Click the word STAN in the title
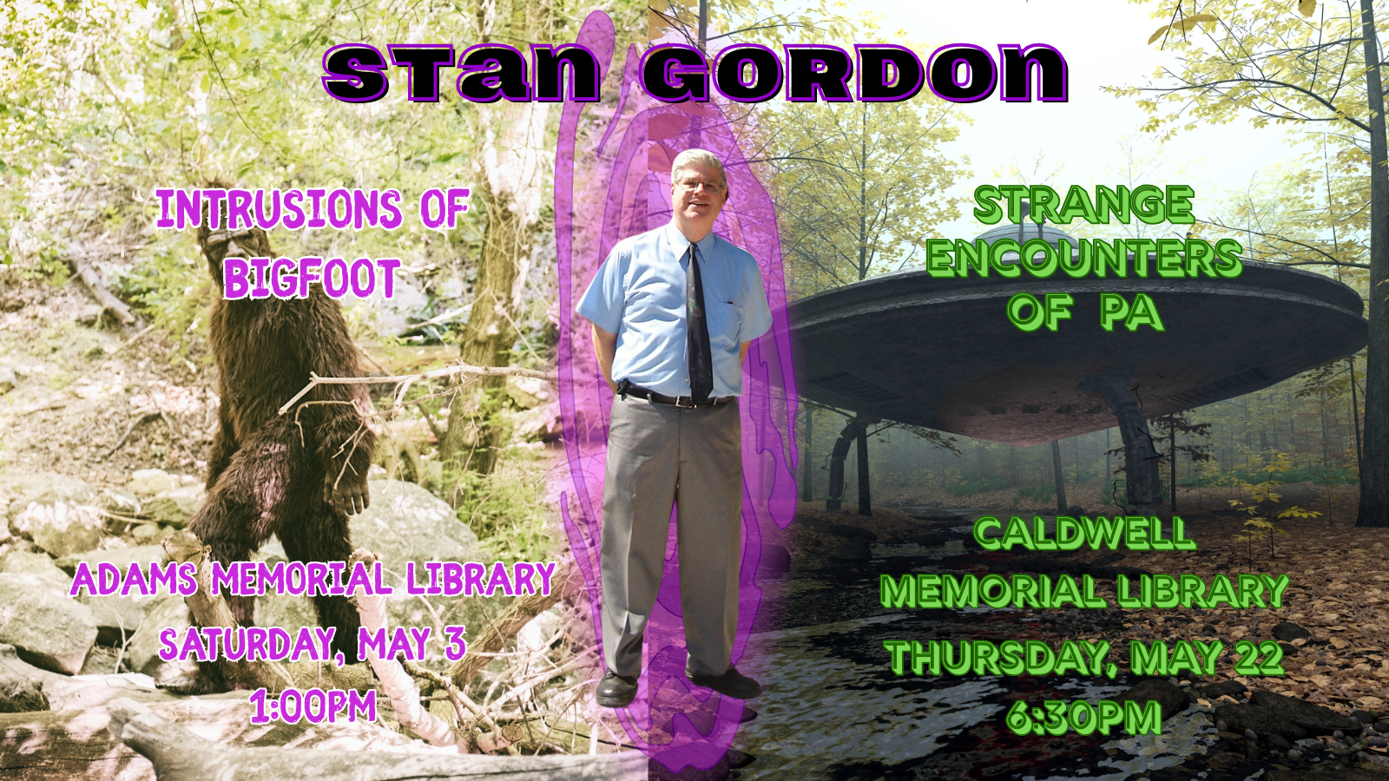[x=461, y=73]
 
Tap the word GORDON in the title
[x=853, y=73]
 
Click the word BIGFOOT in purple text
[x=312, y=279]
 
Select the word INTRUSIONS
[x=279, y=209]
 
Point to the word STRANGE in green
[x=1084, y=205]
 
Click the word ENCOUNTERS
[x=1084, y=259]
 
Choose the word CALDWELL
[x=1084, y=535]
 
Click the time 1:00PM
[x=313, y=705]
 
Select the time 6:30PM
[x=1084, y=717]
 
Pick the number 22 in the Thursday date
[x=1259, y=657]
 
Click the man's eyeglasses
[x=701, y=184]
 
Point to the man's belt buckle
[x=683, y=400]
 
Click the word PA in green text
[x=1129, y=312]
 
